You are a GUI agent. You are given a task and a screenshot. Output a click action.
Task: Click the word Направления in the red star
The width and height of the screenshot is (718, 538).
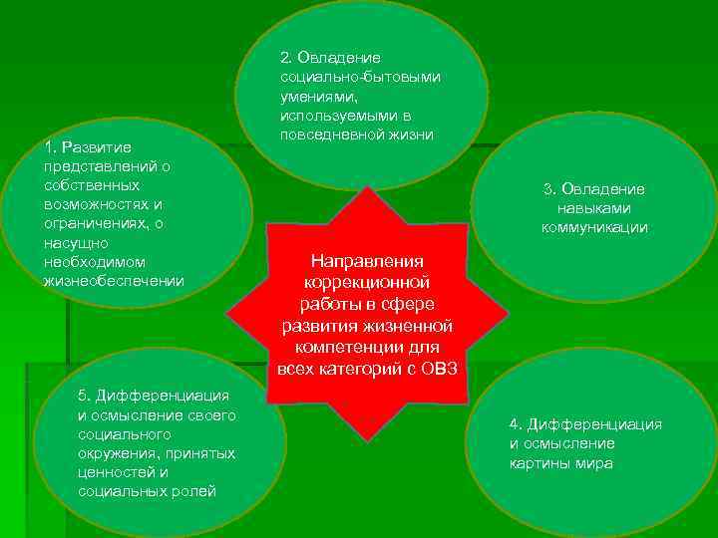coord(368,261)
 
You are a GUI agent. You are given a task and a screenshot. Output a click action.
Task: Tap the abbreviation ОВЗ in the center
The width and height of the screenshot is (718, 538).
coord(437,369)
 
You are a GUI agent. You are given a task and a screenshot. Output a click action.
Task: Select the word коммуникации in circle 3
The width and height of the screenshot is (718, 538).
coord(594,227)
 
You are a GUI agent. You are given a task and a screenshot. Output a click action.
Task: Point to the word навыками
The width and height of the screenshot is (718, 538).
coord(594,208)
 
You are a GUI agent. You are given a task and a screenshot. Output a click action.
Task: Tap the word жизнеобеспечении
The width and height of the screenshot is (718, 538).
coord(114,280)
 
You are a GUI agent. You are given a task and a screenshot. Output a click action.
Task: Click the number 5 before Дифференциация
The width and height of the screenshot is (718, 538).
coord(83,396)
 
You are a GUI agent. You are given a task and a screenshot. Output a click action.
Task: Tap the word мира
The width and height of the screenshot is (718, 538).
coord(591,463)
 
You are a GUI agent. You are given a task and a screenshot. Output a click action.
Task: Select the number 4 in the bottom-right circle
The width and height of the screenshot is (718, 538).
coord(515,424)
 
